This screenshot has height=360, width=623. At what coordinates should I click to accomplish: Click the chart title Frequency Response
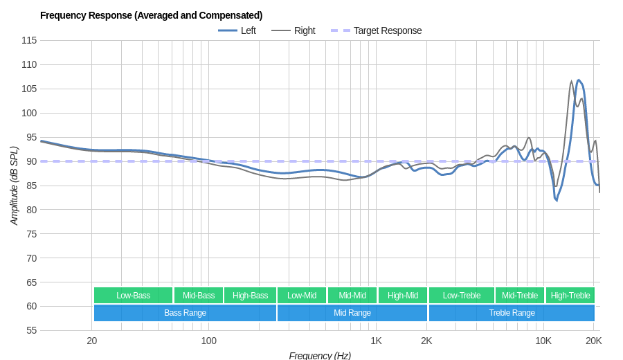point(151,15)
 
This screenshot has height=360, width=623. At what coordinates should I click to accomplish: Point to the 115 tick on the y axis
point(29,40)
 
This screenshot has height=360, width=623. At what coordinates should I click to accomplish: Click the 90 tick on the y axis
point(31,161)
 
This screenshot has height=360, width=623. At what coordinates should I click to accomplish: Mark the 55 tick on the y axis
point(31,330)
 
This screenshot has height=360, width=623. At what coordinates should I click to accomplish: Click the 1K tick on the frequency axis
point(376,341)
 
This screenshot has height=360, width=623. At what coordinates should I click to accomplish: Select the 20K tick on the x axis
point(593,341)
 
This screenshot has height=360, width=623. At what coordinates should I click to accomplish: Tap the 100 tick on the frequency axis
point(208,341)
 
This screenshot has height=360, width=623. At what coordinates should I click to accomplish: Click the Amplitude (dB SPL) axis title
point(14,186)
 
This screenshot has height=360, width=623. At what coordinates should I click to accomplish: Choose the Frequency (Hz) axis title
point(320,355)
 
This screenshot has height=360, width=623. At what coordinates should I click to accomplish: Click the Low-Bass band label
point(133,296)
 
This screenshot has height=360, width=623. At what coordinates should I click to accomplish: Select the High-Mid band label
point(403,296)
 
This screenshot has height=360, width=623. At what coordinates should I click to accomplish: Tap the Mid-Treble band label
point(520,296)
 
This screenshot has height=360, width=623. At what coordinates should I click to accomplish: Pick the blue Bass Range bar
point(185,313)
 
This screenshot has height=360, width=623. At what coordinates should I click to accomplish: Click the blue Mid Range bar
point(352,313)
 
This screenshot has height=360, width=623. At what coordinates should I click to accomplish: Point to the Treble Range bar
point(512,313)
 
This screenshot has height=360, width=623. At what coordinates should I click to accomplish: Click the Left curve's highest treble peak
point(579,80)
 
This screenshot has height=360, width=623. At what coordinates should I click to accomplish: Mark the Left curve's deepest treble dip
point(556,200)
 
